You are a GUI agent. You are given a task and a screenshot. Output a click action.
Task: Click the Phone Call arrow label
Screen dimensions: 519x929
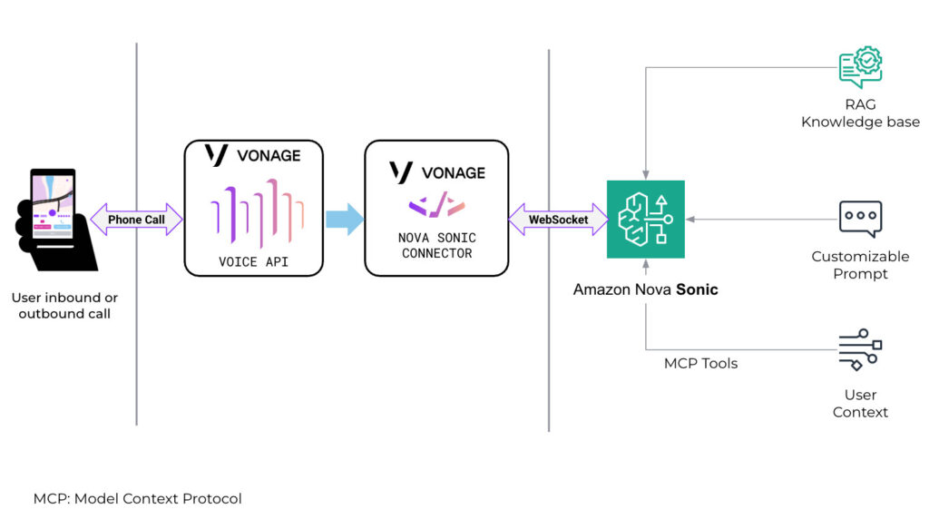136,220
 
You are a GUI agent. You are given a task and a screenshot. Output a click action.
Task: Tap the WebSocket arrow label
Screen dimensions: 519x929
558,220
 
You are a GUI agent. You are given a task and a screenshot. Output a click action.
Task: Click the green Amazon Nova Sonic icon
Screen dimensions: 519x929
646,220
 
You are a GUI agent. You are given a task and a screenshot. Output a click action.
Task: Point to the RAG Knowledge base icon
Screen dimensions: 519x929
860,69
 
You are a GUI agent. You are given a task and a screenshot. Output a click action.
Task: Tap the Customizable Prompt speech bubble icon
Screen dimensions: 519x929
860,219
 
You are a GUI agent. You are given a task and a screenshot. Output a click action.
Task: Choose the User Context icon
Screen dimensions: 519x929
860,349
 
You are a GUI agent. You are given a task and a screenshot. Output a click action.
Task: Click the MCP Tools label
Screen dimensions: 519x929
700,364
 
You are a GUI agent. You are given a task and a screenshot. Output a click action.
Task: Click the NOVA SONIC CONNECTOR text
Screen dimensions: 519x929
437,246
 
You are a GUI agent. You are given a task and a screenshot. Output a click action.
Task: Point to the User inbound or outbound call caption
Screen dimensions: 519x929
64,306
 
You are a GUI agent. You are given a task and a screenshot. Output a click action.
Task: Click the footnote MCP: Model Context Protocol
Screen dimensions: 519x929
138,498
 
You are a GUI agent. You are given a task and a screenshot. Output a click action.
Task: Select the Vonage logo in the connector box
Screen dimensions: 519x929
436,172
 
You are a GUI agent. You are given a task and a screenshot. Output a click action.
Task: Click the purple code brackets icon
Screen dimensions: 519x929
436,207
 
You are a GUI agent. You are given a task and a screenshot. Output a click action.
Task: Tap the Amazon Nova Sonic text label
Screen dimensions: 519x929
645,290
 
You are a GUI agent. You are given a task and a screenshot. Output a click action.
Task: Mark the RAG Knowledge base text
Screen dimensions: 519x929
860,113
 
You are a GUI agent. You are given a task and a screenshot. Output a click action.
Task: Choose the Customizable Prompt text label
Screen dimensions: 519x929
860,265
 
